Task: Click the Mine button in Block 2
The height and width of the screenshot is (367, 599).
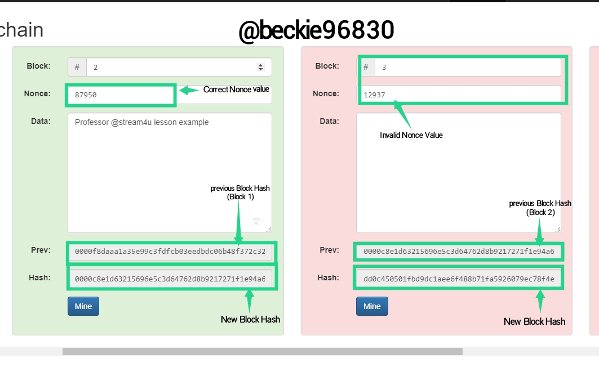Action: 83,306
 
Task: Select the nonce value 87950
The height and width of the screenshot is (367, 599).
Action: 86,95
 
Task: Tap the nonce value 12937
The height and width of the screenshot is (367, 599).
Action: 374,95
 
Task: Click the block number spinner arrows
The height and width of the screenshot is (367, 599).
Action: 260,67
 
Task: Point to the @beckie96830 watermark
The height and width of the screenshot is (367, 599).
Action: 316,30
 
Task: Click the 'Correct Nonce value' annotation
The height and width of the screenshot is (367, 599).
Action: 236,89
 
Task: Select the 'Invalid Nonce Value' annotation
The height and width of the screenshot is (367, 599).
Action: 411,135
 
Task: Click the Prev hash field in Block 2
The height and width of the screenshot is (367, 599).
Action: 170,252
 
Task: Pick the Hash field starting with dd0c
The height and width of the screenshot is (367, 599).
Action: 459,279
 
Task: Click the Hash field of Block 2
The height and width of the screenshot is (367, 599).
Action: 170,279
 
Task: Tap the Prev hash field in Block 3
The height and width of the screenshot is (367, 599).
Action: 459,252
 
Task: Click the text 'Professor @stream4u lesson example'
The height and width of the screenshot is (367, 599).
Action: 142,123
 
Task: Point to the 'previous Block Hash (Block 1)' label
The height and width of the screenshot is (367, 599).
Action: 240,193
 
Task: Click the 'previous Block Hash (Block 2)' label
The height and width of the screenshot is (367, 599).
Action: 540,208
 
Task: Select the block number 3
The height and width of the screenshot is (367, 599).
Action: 384,68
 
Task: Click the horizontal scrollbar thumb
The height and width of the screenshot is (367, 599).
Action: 263,351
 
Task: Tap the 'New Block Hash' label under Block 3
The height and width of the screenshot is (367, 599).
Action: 534,321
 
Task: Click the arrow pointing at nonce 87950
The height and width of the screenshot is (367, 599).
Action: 189,90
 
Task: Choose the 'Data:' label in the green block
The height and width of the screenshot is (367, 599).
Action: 41,122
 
